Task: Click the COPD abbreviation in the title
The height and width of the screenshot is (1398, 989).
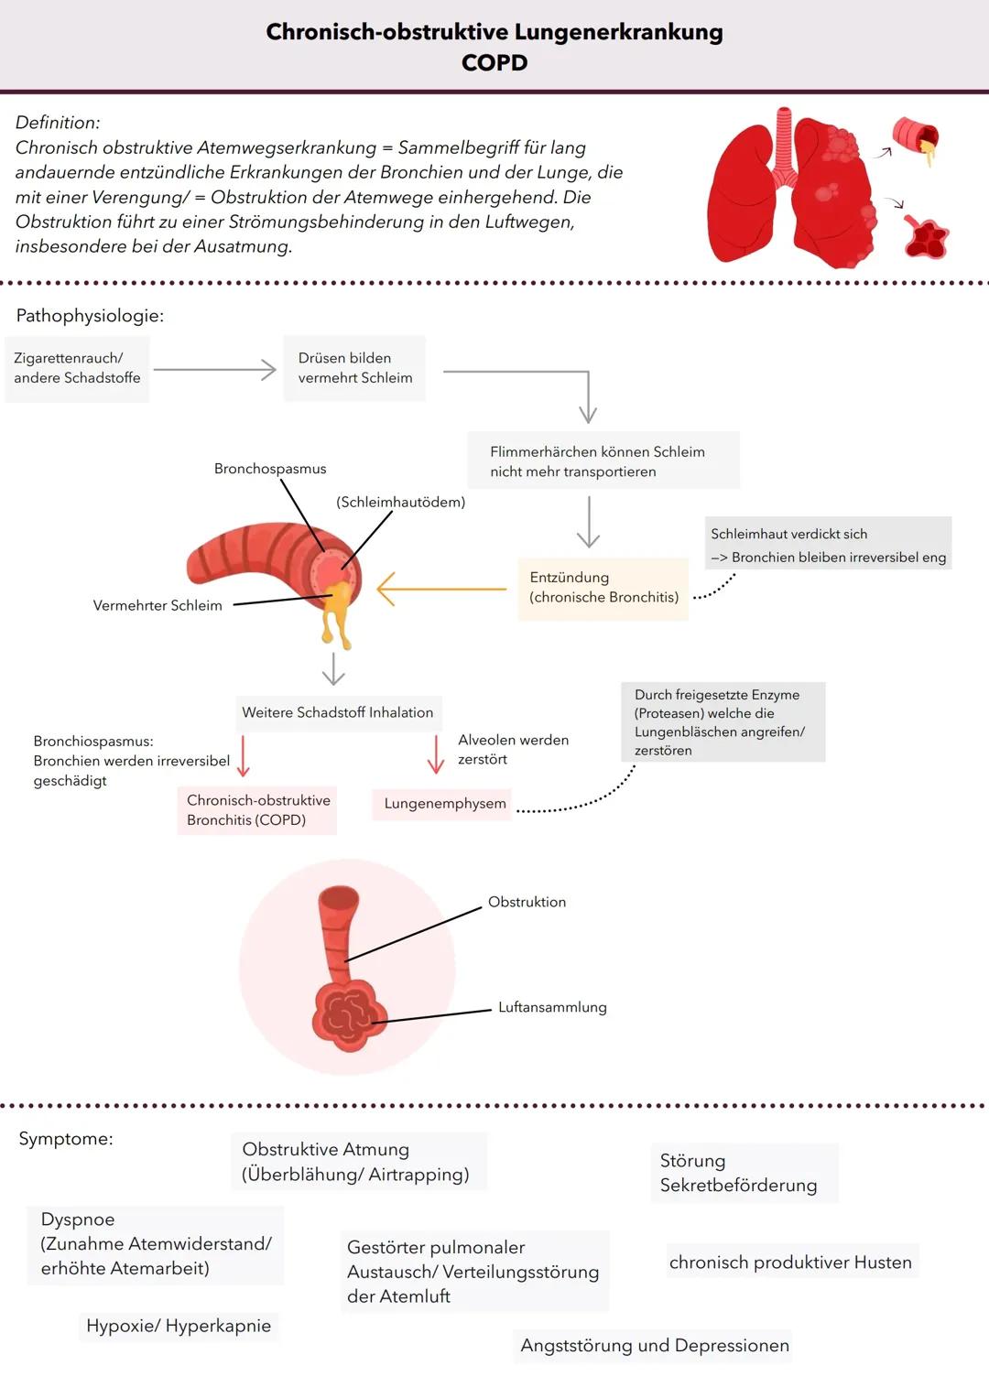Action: click(494, 63)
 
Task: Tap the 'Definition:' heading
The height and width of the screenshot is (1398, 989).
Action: click(58, 123)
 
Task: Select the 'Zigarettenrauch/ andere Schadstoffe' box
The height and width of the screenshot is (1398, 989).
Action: click(77, 368)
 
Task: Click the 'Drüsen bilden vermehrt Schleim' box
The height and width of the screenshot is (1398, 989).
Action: click(354, 368)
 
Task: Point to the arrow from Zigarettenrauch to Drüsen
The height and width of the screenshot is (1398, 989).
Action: click(215, 370)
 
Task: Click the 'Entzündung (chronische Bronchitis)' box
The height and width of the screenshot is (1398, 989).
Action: click(603, 588)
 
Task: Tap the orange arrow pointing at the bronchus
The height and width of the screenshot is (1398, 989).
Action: click(440, 589)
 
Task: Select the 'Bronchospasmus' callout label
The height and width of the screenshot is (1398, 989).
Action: click(270, 469)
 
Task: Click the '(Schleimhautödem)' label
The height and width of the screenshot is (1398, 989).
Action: click(400, 502)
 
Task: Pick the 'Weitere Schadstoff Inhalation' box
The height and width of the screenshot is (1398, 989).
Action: click(337, 712)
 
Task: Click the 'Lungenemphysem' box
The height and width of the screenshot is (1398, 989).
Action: click(444, 804)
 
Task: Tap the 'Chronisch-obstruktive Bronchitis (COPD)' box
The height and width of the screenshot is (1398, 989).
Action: click(258, 810)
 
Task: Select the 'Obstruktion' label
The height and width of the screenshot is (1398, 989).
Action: click(527, 902)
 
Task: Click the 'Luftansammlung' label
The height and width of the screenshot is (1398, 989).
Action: click(552, 1007)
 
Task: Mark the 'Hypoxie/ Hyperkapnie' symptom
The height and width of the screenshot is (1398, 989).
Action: click(179, 1326)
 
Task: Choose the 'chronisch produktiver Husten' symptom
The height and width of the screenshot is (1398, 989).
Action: click(790, 1263)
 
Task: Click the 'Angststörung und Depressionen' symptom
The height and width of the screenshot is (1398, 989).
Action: click(654, 1345)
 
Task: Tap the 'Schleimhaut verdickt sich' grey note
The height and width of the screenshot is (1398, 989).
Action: click(828, 545)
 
